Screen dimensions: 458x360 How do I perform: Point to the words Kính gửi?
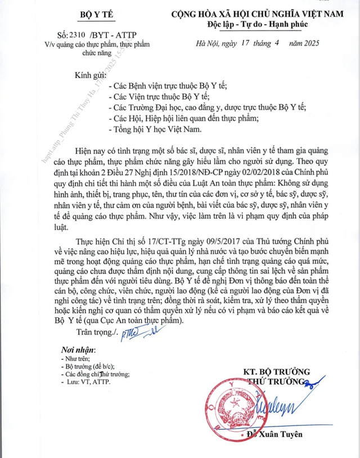[91, 75]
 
